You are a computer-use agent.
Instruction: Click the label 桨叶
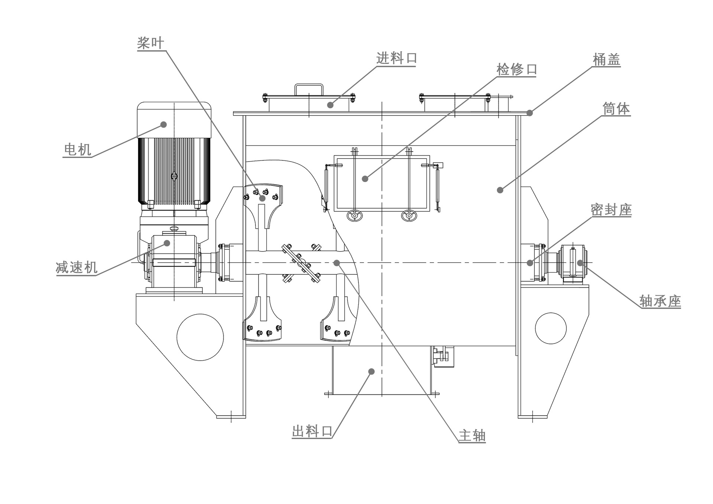(x=150, y=43)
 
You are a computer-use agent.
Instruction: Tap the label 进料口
(x=397, y=58)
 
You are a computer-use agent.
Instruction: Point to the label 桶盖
(x=606, y=60)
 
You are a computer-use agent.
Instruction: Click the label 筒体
(x=616, y=109)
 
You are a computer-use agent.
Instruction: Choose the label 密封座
(x=611, y=210)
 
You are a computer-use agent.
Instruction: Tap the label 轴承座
(x=660, y=301)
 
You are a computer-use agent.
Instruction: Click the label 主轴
(x=472, y=435)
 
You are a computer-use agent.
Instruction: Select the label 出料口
(x=312, y=431)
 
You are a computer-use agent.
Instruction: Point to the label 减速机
(x=76, y=267)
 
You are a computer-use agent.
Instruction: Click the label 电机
(x=78, y=150)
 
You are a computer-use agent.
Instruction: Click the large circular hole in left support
(x=200, y=337)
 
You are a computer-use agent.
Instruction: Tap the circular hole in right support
(x=551, y=328)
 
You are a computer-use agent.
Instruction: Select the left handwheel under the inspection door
(x=354, y=215)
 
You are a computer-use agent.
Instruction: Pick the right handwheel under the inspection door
(x=409, y=215)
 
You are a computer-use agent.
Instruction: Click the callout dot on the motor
(x=163, y=124)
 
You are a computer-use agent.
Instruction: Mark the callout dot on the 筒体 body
(x=500, y=190)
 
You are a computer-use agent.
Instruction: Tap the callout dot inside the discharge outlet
(x=371, y=371)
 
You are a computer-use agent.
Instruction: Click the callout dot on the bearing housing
(x=580, y=263)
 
